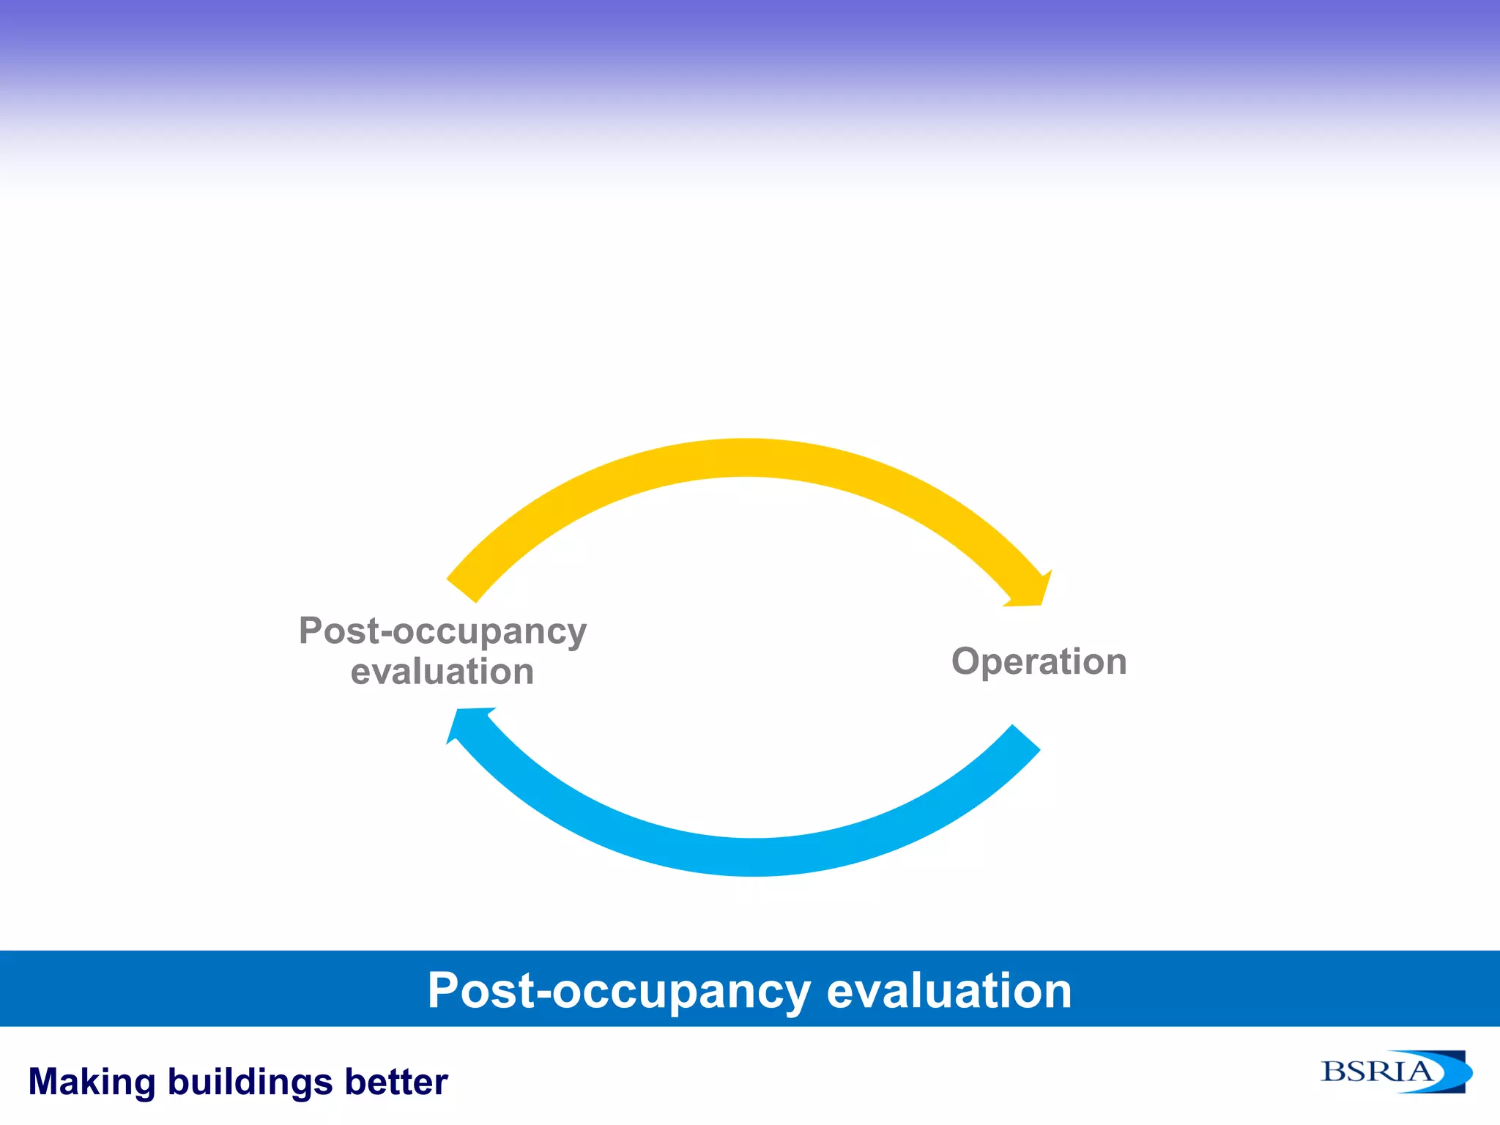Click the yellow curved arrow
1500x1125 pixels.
click(743, 458)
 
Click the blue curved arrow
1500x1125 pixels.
click(754, 857)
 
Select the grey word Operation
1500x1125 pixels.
click(1039, 661)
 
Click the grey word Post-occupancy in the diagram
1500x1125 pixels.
click(442, 631)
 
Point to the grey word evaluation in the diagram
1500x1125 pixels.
click(442, 672)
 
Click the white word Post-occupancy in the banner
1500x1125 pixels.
click(619, 991)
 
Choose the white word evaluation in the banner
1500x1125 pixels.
click(949, 991)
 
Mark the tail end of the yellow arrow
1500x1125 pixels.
click(462, 590)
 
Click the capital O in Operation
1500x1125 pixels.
click(967, 661)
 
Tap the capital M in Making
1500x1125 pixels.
click(45, 1083)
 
